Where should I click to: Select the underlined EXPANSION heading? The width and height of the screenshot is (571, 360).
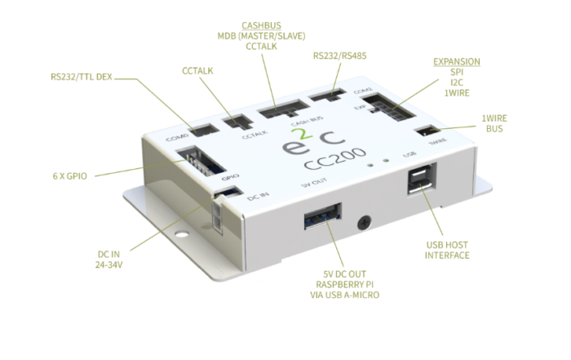[x=456, y=62]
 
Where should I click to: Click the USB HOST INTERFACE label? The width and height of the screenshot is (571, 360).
[x=447, y=249]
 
